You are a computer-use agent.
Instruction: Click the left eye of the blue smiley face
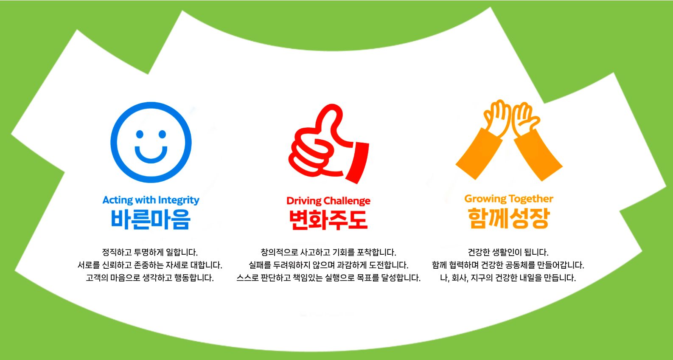[140, 134]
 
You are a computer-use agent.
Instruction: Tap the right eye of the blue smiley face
[162, 134]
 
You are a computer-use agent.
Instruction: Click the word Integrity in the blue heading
[179, 200]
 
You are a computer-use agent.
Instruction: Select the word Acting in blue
[118, 200]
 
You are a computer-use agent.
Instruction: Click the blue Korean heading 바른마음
[151, 219]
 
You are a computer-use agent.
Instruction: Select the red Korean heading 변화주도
[328, 220]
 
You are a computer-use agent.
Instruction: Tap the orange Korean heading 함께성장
[509, 218]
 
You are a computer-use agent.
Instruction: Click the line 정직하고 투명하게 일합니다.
[150, 252]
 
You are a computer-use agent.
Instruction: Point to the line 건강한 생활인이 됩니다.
[508, 252]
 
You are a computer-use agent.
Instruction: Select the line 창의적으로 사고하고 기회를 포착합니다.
[328, 252]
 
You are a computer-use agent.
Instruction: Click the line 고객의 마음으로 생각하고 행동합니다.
[150, 277]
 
